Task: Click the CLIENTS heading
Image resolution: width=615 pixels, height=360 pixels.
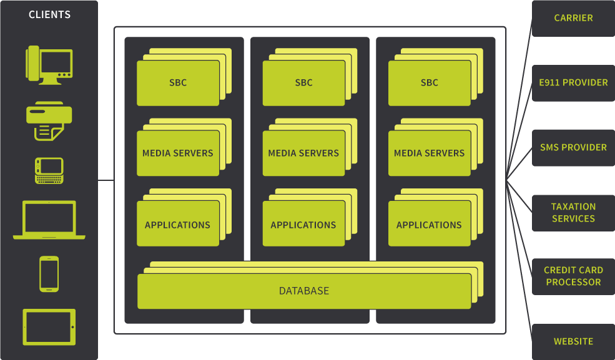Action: pyautogui.click(x=49, y=14)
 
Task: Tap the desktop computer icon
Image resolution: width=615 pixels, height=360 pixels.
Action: pyautogui.click(x=49, y=64)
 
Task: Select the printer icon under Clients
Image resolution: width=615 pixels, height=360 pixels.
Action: pyautogui.click(x=49, y=120)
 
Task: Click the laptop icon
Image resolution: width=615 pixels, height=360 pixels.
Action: pyautogui.click(x=49, y=220)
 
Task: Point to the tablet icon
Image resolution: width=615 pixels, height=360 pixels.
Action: pyautogui.click(x=49, y=327)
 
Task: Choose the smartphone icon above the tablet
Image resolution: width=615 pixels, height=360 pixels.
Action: pyautogui.click(x=49, y=273)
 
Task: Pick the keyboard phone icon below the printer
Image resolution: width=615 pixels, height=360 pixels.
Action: pyautogui.click(x=49, y=170)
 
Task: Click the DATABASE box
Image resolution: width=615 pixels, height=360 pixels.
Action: pyautogui.click(x=304, y=291)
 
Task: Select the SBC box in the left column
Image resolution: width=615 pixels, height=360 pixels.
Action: pyautogui.click(x=178, y=82)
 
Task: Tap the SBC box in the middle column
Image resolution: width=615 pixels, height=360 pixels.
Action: pyautogui.click(x=303, y=82)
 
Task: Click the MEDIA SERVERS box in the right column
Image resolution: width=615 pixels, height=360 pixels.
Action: pyautogui.click(x=429, y=153)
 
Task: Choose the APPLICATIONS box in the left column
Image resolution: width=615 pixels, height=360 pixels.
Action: pyautogui.click(x=177, y=225)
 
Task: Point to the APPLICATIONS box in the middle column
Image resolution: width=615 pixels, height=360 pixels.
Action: pyautogui.click(x=303, y=225)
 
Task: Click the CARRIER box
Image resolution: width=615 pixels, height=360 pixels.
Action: pyautogui.click(x=573, y=18)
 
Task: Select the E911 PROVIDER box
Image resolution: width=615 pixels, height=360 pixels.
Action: pyautogui.click(x=573, y=82)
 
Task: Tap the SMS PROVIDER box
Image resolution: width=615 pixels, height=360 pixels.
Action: pyautogui.click(x=573, y=147)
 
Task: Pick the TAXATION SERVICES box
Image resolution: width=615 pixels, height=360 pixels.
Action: pyautogui.click(x=573, y=212)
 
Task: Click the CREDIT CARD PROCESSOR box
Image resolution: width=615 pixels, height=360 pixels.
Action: pyautogui.click(x=573, y=276)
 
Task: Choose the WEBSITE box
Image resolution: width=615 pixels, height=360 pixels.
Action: pyautogui.click(x=573, y=341)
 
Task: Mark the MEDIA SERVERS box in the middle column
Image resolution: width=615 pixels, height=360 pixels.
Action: pyautogui.click(x=303, y=153)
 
